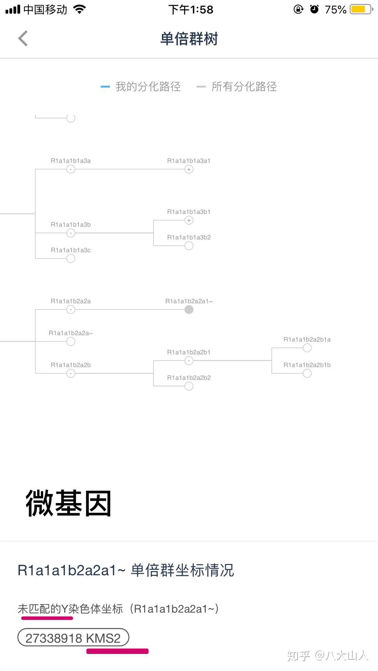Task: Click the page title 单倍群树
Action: point(189,39)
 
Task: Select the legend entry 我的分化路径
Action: point(148,86)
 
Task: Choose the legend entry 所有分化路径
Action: point(244,86)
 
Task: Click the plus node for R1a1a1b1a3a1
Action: point(189,169)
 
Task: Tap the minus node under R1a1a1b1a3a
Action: point(71,169)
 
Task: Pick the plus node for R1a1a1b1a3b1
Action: point(189,221)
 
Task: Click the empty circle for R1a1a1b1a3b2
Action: point(189,246)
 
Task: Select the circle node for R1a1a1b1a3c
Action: point(71,259)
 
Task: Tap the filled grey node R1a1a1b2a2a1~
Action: point(189,310)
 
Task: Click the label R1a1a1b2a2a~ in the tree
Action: point(71,333)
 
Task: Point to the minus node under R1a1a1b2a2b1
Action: point(189,361)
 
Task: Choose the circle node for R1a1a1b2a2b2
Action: point(189,386)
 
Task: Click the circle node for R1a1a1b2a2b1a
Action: point(307,348)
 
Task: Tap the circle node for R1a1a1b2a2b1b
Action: point(307,374)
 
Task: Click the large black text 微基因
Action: point(69,503)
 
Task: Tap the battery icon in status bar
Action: point(361,9)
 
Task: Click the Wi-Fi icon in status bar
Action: point(80,9)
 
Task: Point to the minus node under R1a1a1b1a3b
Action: point(71,233)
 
